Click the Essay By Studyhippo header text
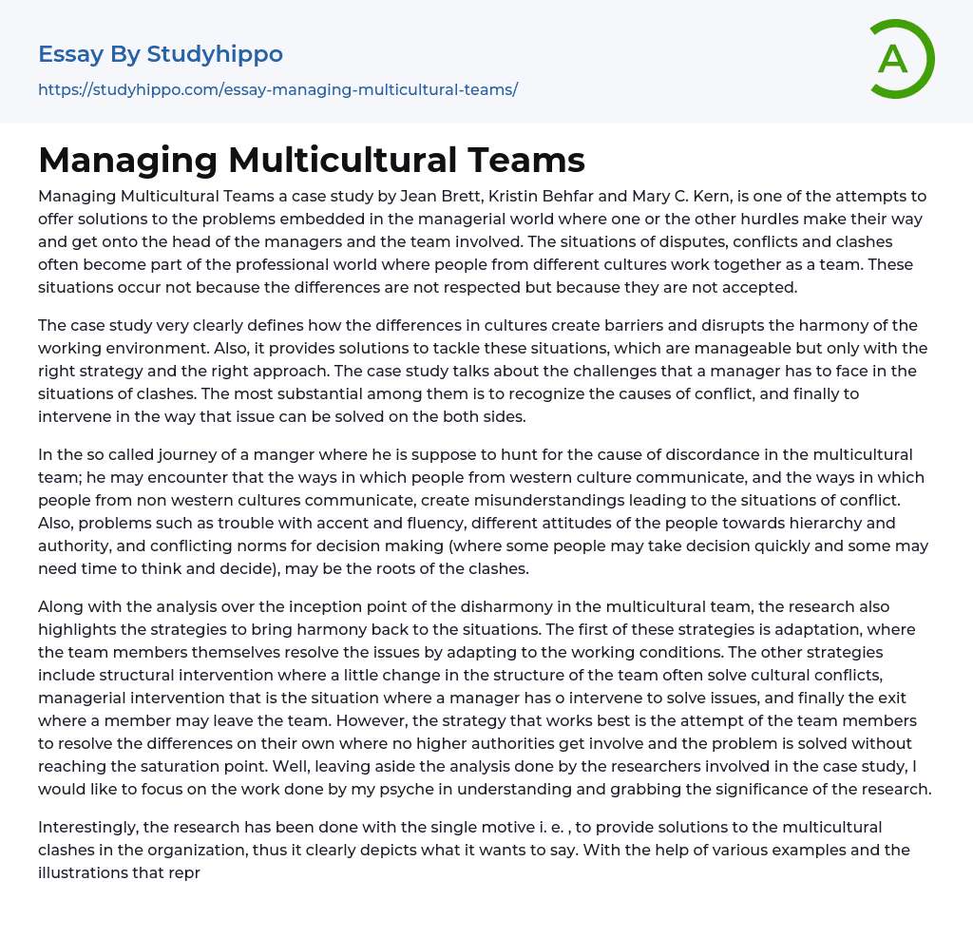tap(161, 54)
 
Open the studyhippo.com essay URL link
tap(277, 89)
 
